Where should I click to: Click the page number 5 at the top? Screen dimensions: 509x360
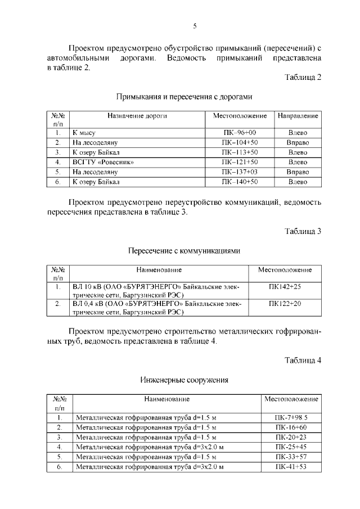(195, 25)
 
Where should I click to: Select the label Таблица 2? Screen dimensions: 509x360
(303, 77)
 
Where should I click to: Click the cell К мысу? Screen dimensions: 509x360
(84, 133)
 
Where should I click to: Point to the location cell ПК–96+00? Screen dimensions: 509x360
(239, 133)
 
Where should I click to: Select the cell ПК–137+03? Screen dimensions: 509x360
(239, 172)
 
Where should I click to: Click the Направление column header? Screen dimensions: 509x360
(298, 116)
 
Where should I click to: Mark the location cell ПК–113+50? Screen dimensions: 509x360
(239, 152)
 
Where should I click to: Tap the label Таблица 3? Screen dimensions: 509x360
(303, 231)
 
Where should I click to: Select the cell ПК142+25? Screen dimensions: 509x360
(285, 287)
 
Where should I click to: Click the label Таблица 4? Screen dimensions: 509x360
(303, 361)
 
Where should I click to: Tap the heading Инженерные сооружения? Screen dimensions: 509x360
(184, 380)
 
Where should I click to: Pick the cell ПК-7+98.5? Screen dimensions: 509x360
(291, 418)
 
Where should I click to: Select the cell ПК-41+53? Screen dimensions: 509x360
(291, 467)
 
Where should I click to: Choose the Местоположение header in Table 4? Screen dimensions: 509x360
(291, 399)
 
